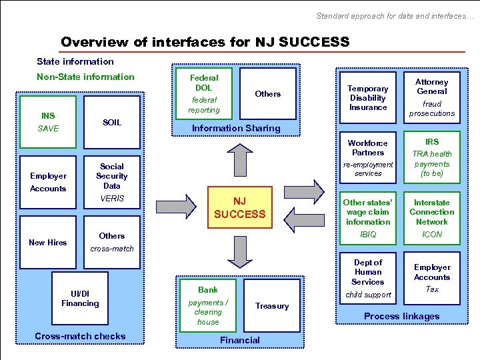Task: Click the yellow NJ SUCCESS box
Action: [239, 207]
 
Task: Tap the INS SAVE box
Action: [48, 121]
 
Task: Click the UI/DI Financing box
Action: [80, 299]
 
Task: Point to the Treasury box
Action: [272, 306]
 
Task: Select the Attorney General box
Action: [432, 97]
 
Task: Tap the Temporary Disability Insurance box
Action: [368, 97]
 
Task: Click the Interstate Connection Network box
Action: [432, 217]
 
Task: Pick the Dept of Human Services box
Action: [368, 277]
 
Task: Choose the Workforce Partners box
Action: [368, 157]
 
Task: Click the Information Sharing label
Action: [235, 128]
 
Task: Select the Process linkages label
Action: [401, 316]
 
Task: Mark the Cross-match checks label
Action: [80, 336]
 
